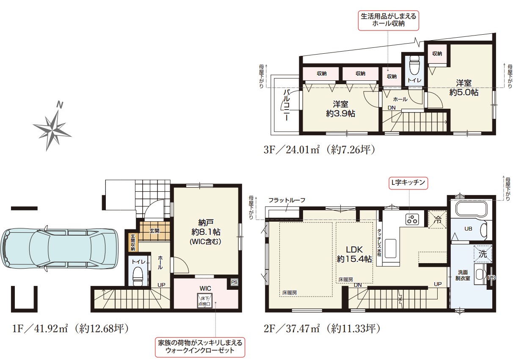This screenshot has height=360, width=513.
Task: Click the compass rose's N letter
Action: (x=60, y=105)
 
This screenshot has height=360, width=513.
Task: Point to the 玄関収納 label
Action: (x=133, y=242)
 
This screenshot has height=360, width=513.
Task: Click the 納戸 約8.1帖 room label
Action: (x=206, y=231)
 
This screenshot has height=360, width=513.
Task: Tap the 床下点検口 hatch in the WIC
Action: (x=205, y=300)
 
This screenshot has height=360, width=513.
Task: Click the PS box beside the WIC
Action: (x=234, y=282)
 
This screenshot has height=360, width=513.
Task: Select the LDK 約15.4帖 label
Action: (x=354, y=254)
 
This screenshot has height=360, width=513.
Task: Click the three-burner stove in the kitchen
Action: (x=412, y=219)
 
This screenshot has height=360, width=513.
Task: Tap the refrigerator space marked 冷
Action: (x=437, y=220)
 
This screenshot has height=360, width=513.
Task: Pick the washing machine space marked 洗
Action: (x=483, y=254)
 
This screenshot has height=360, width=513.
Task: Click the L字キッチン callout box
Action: (x=408, y=183)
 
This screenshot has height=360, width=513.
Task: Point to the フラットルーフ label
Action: (x=287, y=200)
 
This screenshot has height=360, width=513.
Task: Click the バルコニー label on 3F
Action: (x=287, y=105)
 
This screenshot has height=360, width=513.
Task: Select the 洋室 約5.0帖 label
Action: (x=463, y=88)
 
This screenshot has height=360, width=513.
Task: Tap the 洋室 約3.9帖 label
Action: (x=341, y=109)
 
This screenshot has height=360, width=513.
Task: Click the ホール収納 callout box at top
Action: (x=389, y=20)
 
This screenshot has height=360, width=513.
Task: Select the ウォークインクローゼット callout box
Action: (x=200, y=347)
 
